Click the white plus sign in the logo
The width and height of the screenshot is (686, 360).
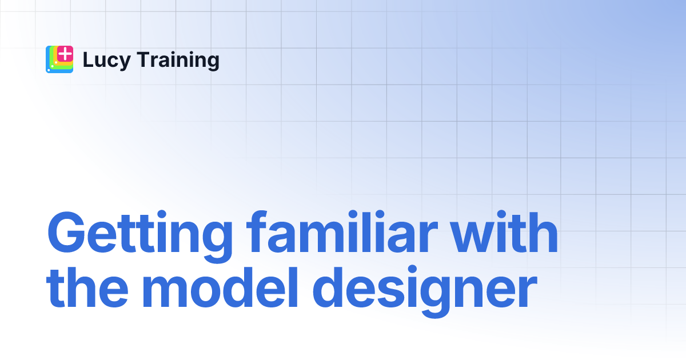66,54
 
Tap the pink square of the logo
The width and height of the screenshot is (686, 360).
66,54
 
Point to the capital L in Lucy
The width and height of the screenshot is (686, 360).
87,60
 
